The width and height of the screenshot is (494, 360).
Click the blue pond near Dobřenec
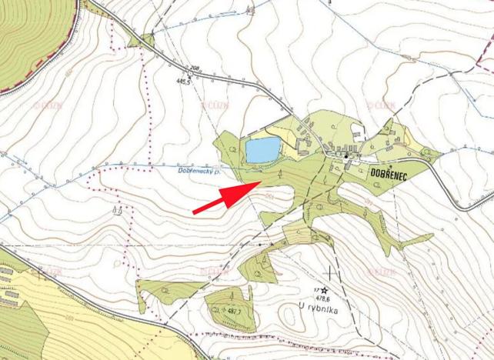coord(262,149)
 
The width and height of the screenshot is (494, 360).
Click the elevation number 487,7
coord(236,311)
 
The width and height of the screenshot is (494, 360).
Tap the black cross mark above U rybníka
coord(332,272)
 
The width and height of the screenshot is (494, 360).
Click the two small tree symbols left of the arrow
coord(118,208)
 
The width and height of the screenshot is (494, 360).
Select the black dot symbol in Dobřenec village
coord(346,157)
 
